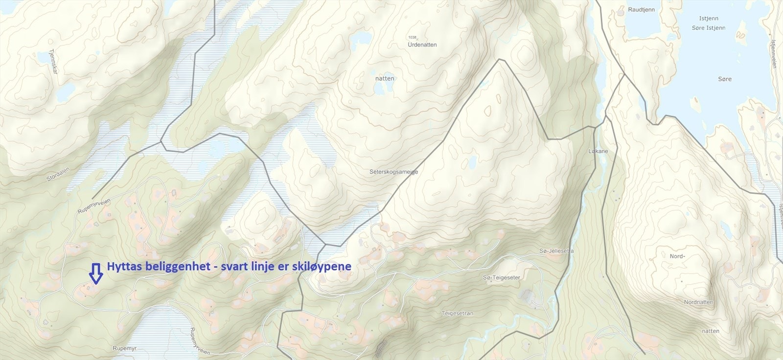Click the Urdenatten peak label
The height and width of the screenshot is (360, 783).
click(x=422, y=45)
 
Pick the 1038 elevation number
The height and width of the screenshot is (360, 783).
click(x=412, y=37)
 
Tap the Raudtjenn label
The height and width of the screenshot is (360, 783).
click(x=642, y=9)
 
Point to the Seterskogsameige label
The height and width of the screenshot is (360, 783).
click(x=393, y=172)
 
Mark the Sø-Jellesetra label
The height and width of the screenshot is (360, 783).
click(x=556, y=251)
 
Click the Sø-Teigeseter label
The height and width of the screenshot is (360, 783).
click(x=501, y=277)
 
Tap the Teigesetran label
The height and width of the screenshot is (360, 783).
click(x=457, y=314)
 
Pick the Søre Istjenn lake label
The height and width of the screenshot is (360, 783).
click(x=709, y=28)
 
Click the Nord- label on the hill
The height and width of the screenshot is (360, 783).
click(x=677, y=256)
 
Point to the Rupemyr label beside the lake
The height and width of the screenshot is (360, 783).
click(x=123, y=348)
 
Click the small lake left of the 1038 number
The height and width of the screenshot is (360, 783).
click(x=362, y=38)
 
